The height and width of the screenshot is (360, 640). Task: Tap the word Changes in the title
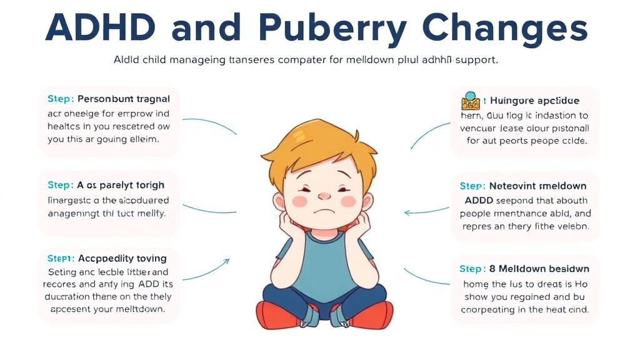(x=505, y=28)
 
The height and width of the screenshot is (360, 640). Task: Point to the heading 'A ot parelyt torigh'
(x=121, y=185)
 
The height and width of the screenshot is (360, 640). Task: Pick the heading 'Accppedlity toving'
(x=122, y=258)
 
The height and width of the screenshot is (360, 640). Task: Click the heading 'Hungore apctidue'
(x=534, y=100)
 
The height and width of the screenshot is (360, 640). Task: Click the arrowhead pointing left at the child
(x=407, y=212)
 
